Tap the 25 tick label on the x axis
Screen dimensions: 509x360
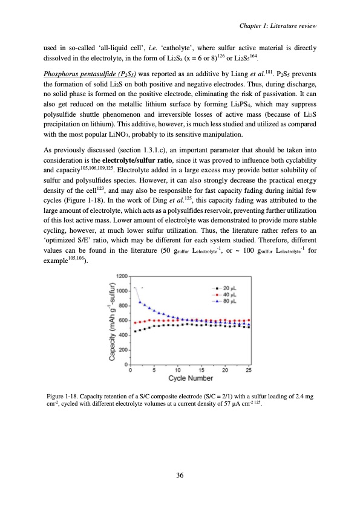click(249, 370)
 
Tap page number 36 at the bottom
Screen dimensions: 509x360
click(180, 475)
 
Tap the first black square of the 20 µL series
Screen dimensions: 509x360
click(135, 331)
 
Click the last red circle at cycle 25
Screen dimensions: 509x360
click(249, 320)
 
